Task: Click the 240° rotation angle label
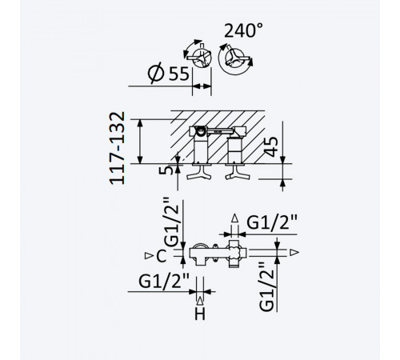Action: pyautogui.click(x=243, y=30)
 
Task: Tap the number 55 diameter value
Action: pyautogui.click(x=179, y=74)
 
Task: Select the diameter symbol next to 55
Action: pyautogui.click(x=156, y=73)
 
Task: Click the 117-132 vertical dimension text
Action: pyautogui.click(x=118, y=148)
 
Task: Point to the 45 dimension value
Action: pyautogui.click(x=271, y=146)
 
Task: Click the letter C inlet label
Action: pyautogui.click(x=162, y=256)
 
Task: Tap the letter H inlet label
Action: pyautogui.click(x=200, y=314)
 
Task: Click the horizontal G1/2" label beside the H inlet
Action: pyautogui.click(x=164, y=281)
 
